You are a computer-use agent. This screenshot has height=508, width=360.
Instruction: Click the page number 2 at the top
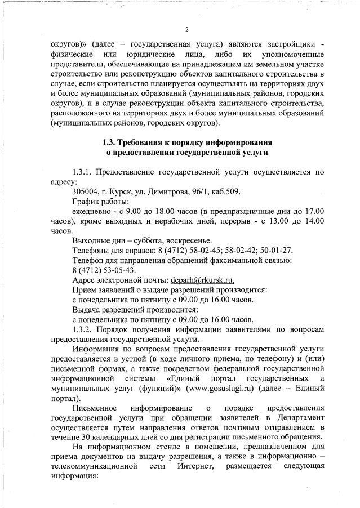186,29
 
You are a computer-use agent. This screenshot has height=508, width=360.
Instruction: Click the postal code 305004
86,191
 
